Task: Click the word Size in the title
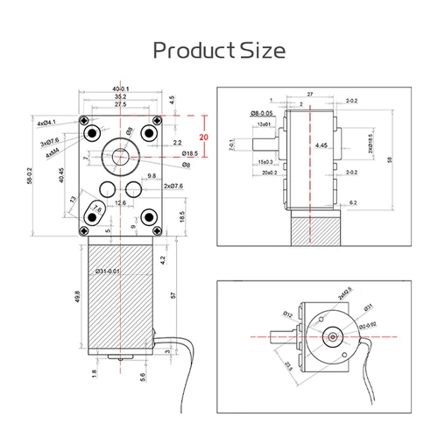[264, 50]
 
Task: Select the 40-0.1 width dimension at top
[119, 88]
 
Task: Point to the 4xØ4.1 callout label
[46, 123]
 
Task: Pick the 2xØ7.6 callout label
[172, 186]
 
